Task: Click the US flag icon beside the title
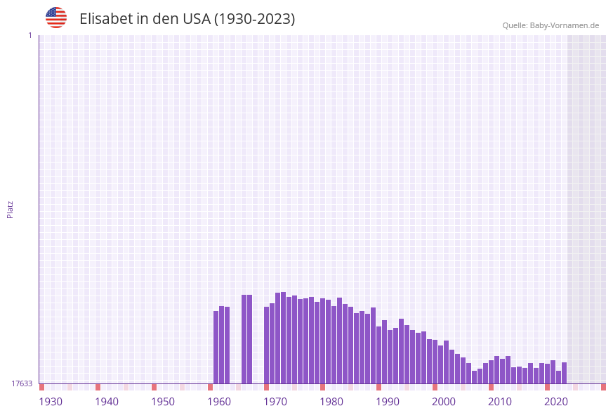(56, 18)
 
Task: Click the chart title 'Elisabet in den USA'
(187, 19)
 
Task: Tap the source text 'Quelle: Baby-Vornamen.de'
(551, 25)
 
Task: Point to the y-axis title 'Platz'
(11, 209)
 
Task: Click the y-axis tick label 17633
(22, 383)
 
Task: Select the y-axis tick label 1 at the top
(29, 35)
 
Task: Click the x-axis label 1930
(51, 402)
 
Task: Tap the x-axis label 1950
(163, 402)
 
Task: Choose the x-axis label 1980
(331, 402)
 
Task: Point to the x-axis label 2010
(500, 402)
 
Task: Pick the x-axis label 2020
(556, 402)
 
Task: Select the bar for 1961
(222, 345)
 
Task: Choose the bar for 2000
(441, 364)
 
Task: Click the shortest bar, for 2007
(475, 377)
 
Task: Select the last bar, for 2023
(565, 373)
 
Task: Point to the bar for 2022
(559, 377)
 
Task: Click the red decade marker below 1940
(98, 387)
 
